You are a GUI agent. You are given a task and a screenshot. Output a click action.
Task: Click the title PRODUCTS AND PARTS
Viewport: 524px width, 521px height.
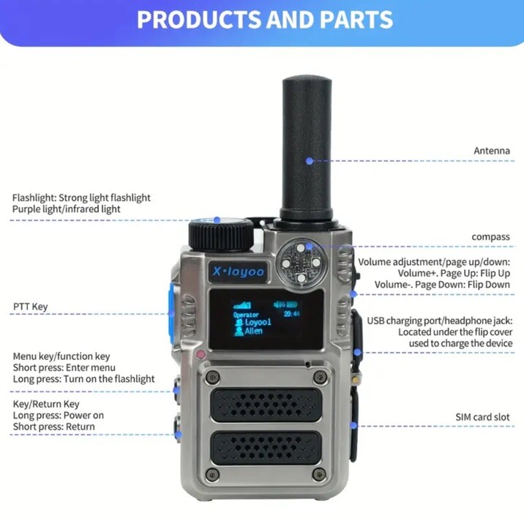click(x=264, y=20)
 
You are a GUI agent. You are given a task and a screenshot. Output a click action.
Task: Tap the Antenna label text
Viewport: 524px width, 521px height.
click(x=491, y=151)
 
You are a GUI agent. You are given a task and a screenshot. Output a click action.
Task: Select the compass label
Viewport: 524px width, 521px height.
click(x=491, y=236)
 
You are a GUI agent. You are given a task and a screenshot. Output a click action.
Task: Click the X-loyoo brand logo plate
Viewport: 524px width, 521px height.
click(x=239, y=272)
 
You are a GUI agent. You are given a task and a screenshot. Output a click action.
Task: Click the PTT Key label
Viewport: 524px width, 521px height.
click(x=30, y=307)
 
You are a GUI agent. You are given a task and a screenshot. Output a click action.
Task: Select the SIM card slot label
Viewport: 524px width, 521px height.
click(x=481, y=417)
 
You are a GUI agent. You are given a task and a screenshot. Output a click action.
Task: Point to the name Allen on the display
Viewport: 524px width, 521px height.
click(x=252, y=331)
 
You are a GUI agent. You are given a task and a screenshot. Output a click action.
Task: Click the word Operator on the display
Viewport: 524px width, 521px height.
click(x=246, y=313)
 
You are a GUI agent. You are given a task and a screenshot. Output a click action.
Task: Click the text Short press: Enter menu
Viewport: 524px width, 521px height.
click(x=64, y=367)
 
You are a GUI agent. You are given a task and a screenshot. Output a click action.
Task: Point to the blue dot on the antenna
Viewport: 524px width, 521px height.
click(x=310, y=160)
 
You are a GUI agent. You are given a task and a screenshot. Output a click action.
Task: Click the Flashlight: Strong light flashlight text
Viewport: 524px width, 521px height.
click(x=81, y=198)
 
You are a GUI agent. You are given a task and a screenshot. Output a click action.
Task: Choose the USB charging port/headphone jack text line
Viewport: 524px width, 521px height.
click(x=439, y=321)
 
